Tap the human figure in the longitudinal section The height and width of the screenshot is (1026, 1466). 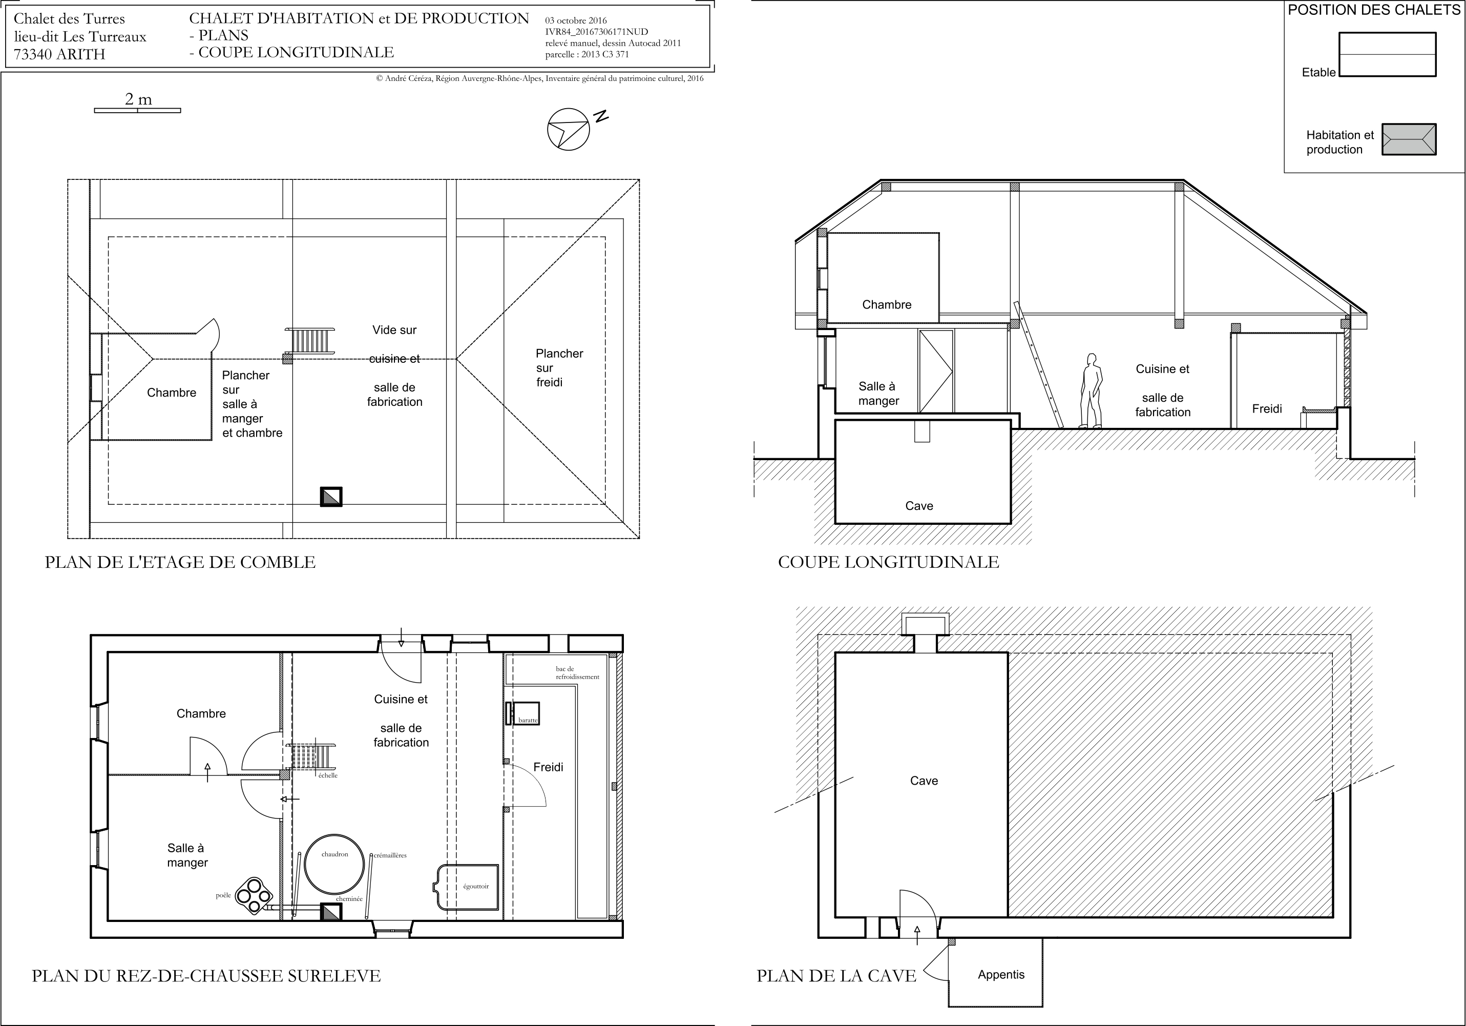click(1091, 391)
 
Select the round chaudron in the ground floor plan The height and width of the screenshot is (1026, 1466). click(335, 865)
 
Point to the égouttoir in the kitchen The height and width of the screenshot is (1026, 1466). click(466, 887)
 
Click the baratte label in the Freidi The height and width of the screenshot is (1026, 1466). click(528, 720)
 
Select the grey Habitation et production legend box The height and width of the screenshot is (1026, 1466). click(1409, 139)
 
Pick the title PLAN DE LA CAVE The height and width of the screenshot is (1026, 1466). click(836, 976)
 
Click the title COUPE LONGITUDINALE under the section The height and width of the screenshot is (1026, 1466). click(888, 562)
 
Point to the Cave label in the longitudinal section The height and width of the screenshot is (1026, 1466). click(919, 506)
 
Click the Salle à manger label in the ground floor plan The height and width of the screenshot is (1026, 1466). click(187, 855)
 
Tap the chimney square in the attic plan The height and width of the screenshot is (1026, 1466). click(331, 497)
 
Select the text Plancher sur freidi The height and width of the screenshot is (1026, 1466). click(559, 368)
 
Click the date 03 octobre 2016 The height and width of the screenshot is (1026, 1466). click(576, 20)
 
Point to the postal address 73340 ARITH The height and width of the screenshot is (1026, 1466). click(59, 54)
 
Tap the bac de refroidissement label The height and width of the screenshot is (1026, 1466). click(577, 673)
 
